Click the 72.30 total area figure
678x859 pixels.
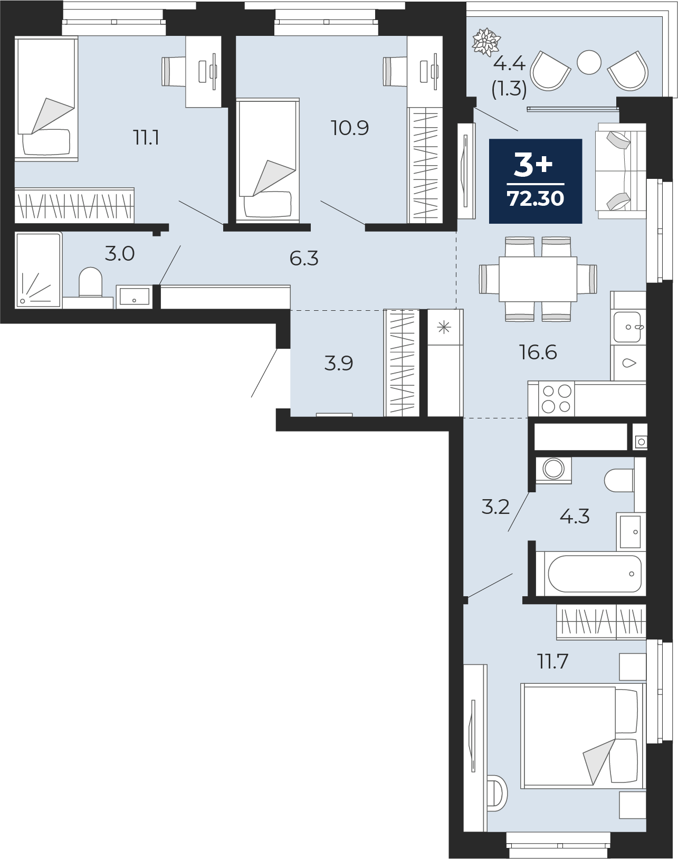pyautogui.click(x=536, y=198)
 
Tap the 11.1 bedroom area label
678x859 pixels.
pyautogui.click(x=146, y=138)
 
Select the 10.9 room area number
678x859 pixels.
pyautogui.click(x=350, y=128)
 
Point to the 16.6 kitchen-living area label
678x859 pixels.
pyautogui.click(x=538, y=352)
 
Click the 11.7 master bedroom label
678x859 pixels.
pyautogui.click(x=552, y=662)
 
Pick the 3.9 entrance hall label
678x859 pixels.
pyautogui.click(x=339, y=364)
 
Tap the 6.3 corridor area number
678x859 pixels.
pyautogui.click(x=304, y=259)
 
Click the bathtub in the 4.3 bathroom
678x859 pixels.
pyautogui.click(x=590, y=574)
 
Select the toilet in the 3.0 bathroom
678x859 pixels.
pyautogui.click(x=91, y=282)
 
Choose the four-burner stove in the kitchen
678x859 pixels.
pyautogui.click(x=556, y=398)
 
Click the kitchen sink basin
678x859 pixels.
pyautogui.click(x=627, y=327)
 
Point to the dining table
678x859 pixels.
pyautogui.click(x=538, y=279)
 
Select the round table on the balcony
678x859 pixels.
pyautogui.click(x=589, y=62)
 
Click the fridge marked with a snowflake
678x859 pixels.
pyautogui.click(x=445, y=362)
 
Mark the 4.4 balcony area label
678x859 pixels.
pyautogui.click(x=509, y=64)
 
